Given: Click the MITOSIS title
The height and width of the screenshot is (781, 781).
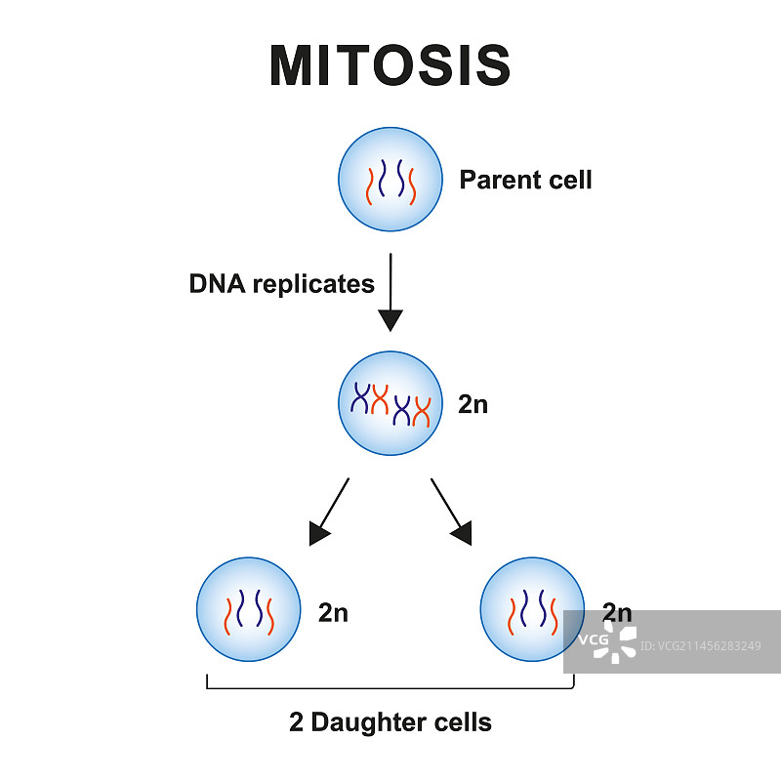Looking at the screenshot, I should [x=390, y=65].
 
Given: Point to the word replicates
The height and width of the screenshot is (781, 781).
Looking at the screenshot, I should [x=313, y=285].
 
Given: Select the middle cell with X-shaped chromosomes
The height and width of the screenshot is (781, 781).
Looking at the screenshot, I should [x=390, y=403].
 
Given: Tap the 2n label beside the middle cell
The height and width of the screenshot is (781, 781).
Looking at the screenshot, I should [x=473, y=404].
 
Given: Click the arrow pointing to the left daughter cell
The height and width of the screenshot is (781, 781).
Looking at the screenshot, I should [x=329, y=511].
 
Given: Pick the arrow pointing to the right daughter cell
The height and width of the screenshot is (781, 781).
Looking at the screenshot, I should [x=451, y=511].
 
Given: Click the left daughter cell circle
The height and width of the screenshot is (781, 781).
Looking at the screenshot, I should [x=248, y=610].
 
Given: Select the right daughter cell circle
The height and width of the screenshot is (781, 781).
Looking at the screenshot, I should [x=532, y=610].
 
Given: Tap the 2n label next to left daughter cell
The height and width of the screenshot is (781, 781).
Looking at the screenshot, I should [x=333, y=613].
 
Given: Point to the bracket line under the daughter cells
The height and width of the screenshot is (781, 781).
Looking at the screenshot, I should [x=390, y=688].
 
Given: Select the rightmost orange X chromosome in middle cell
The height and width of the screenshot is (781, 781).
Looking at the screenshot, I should [x=422, y=411].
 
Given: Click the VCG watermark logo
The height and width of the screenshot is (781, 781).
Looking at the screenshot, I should [x=605, y=640].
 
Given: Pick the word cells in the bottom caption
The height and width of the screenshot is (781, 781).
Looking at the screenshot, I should [x=463, y=723].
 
